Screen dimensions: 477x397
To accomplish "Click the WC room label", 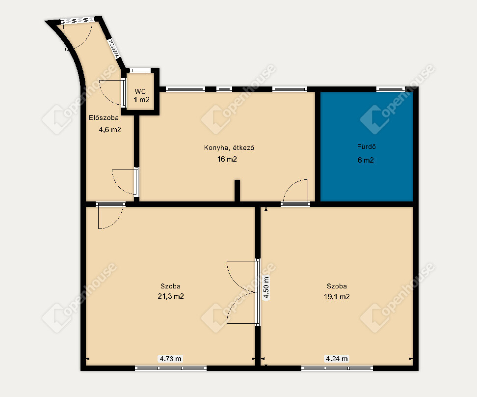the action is (140, 91).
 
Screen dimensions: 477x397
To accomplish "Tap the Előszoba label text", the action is (104, 117).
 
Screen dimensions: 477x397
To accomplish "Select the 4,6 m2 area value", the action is (110, 130).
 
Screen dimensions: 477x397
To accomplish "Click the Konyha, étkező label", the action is (229, 148).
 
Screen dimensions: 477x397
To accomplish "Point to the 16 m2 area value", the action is (227, 159).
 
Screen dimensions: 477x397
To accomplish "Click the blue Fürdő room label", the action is (366, 146).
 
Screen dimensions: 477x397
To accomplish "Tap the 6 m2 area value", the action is (366, 160).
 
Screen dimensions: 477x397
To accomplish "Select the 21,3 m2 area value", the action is (171, 296).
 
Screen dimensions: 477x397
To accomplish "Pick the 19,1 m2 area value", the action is (337, 296).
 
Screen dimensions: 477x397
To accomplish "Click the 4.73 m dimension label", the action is (171, 359).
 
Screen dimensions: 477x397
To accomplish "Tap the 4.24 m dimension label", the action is (337, 359).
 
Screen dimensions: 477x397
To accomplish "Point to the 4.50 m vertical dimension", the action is (266, 287).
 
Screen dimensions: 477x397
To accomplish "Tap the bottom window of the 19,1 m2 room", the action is (337, 368).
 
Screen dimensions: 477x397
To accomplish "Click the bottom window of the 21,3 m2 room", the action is (171, 368).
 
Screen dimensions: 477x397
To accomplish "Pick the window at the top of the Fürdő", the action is (391, 89).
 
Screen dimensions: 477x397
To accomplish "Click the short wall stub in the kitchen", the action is (238, 191).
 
